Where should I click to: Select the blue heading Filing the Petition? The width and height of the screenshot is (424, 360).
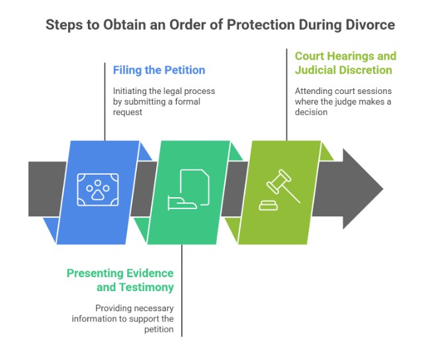(x=159, y=70)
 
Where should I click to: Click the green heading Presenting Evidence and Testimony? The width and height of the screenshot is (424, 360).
(x=120, y=280)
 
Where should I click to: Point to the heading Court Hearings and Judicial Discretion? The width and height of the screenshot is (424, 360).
(x=345, y=63)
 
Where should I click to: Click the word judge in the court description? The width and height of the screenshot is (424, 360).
(x=354, y=103)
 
